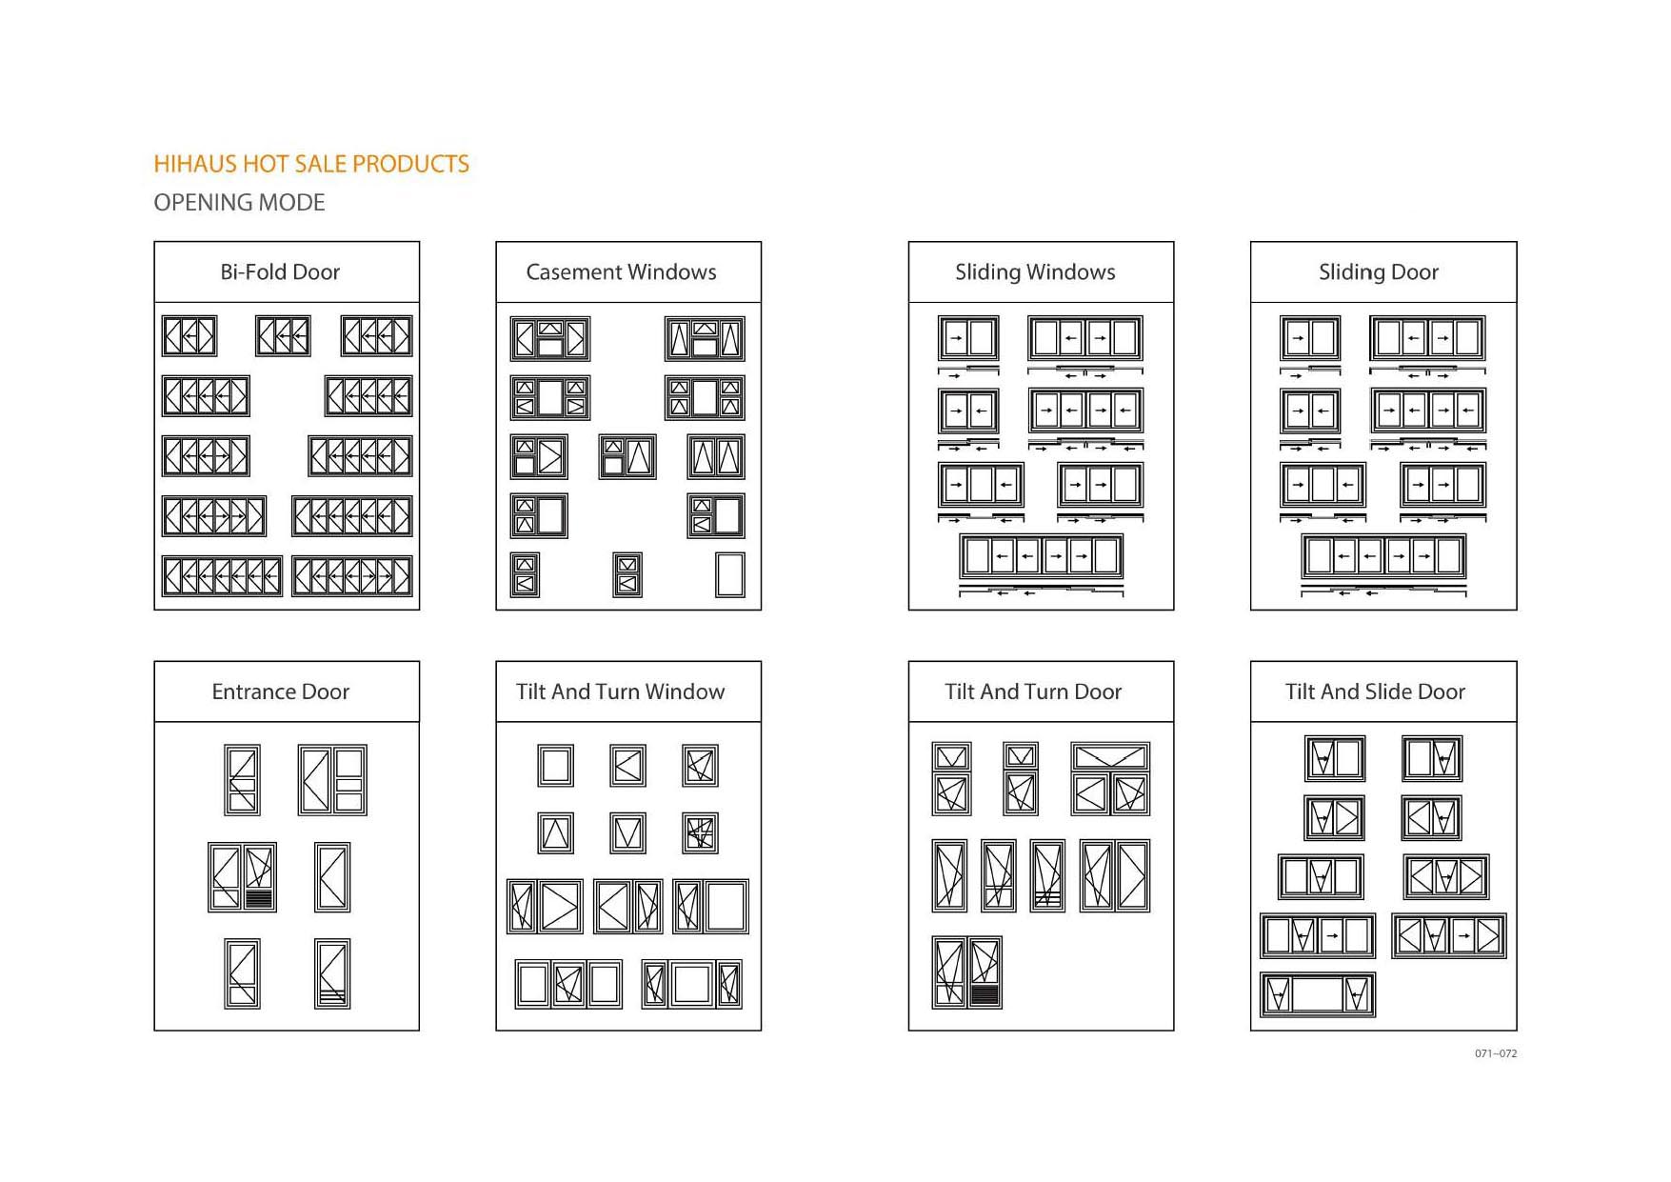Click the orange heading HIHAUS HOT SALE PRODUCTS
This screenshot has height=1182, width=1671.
(311, 164)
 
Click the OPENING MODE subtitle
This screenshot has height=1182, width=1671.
(239, 203)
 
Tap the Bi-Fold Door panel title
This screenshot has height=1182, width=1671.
(280, 272)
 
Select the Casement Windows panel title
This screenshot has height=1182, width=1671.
(621, 272)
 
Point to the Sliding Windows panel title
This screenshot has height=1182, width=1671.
(1035, 272)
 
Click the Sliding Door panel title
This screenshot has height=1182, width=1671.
(1378, 272)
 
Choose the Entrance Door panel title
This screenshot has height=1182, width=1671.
(280, 692)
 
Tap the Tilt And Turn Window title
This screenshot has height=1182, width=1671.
(620, 692)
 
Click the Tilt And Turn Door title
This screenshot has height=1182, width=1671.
(1033, 692)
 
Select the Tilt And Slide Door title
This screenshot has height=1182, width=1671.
(1375, 692)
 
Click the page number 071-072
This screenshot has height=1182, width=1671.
(1496, 1053)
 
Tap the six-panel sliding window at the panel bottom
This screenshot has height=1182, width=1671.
(1042, 556)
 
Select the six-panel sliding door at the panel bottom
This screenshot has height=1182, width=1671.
(1383, 556)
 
